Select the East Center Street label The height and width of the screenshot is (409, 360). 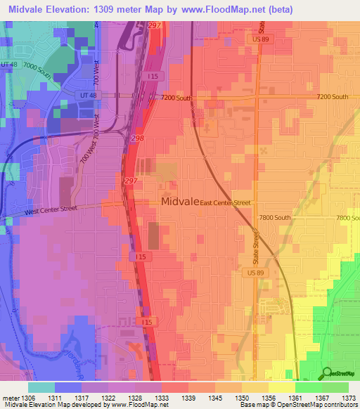coord(225,203)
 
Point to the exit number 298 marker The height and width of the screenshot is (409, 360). coord(137,139)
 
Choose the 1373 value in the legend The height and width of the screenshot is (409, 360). coord(349,397)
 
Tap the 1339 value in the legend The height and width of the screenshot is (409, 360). coord(188,397)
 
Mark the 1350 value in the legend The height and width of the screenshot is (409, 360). coord(242,397)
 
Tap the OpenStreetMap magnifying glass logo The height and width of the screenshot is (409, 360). coord(326,374)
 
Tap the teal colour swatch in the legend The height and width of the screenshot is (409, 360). coord(41,387)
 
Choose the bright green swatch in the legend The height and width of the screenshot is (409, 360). coord(308,387)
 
